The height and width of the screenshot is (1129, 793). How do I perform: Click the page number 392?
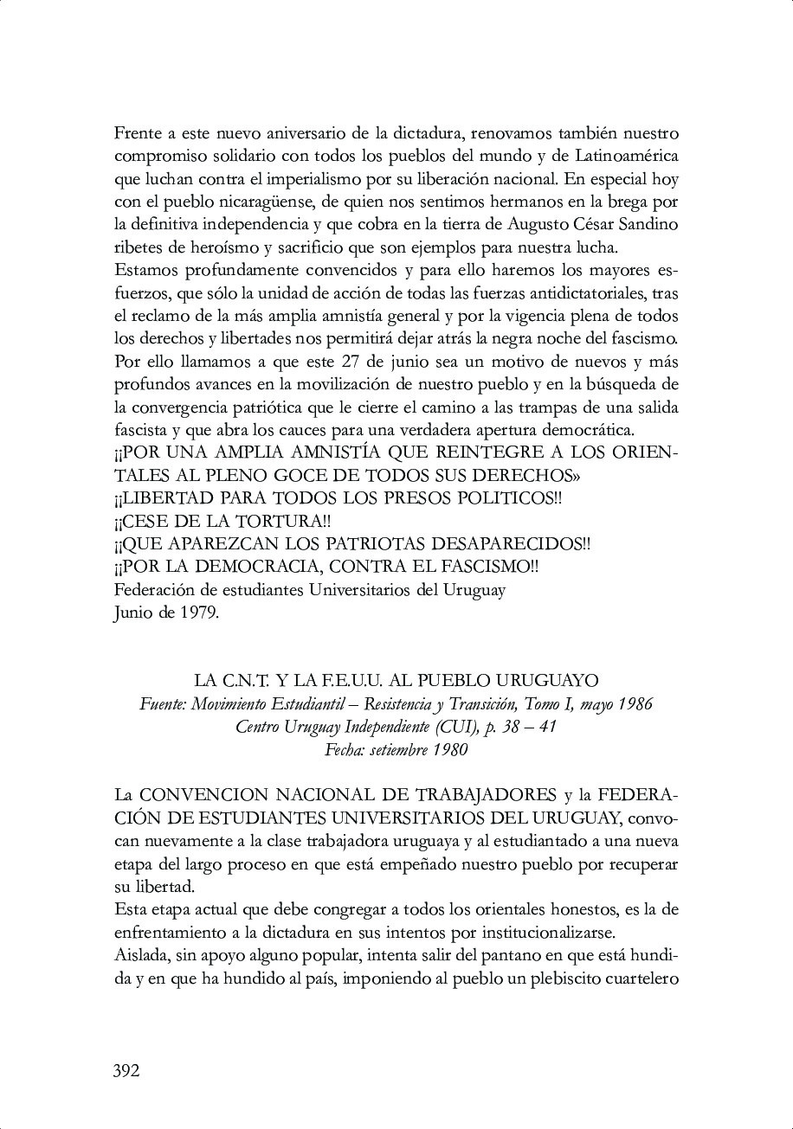click(126, 1071)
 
